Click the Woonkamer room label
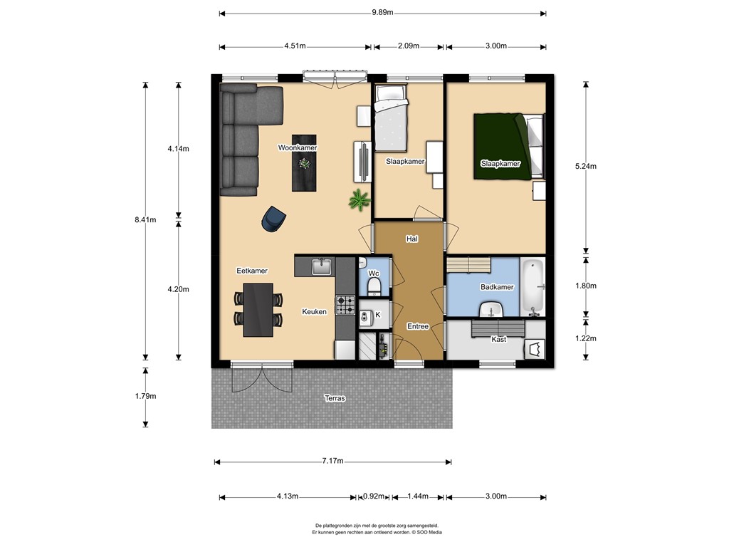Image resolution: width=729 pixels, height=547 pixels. pyautogui.click(x=298, y=147)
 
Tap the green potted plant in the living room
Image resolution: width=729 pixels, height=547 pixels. pyautogui.click(x=360, y=200)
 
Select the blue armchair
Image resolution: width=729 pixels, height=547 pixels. pyautogui.click(x=273, y=219)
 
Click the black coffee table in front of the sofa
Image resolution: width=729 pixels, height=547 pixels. pyautogui.click(x=305, y=163)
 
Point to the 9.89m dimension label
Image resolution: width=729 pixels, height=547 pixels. pyautogui.click(x=382, y=13)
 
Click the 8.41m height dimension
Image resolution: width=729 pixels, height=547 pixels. pyautogui.click(x=145, y=220)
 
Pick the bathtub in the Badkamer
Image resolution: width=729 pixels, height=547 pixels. pyautogui.click(x=533, y=286)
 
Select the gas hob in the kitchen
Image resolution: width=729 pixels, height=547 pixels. pyautogui.click(x=345, y=305)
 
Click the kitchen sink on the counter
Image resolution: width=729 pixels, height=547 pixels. pyautogui.click(x=322, y=266)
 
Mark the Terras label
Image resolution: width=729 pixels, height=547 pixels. pyautogui.click(x=335, y=398)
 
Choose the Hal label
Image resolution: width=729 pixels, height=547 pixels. pyautogui.click(x=411, y=239)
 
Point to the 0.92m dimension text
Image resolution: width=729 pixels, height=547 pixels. pyautogui.click(x=373, y=496)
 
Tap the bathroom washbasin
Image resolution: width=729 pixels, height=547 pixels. pyautogui.click(x=491, y=310)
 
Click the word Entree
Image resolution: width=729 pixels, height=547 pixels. pyautogui.click(x=417, y=326)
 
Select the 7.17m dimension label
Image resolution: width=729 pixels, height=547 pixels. pyautogui.click(x=332, y=462)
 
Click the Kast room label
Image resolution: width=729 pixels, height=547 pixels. pyautogui.click(x=498, y=340)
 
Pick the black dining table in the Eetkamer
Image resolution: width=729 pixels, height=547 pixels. pyautogui.click(x=258, y=310)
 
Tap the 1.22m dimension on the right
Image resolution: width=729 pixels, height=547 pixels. pyautogui.click(x=586, y=338)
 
